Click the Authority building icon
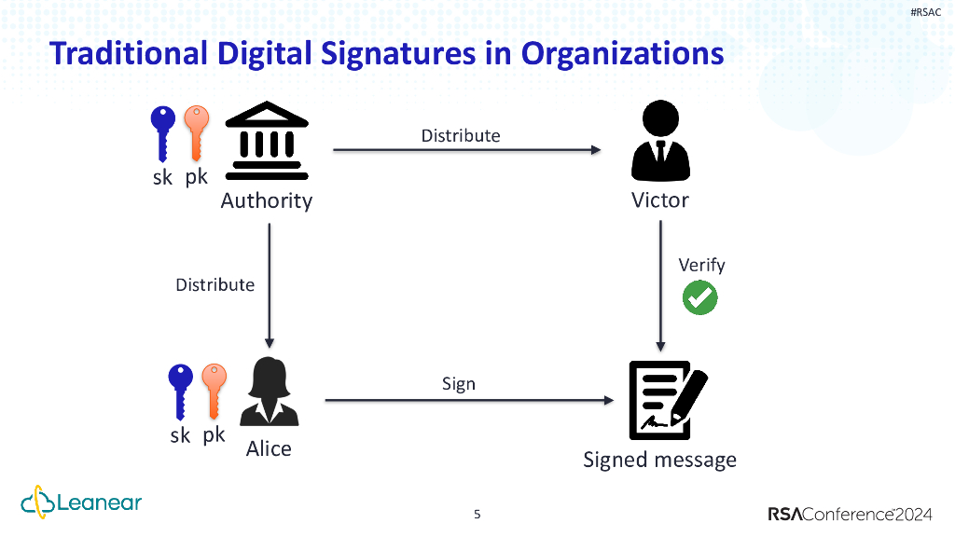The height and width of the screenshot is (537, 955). click(x=268, y=142)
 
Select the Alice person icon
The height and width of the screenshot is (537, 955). click(x=269, y=393)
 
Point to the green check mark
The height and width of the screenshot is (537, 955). click(x=699, y=297)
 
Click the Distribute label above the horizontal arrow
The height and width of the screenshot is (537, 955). click(x=461, y=135)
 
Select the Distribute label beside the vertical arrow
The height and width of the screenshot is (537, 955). click(x=215, y=284)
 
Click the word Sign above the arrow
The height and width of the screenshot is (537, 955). click(x=459, y=383)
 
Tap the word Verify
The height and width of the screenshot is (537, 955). click(x=701, y=265)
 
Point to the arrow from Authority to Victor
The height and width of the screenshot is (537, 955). click(x=466, y=149)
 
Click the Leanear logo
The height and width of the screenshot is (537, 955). click(x=82, y=503)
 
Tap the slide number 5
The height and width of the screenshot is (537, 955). click(x=477, y=515)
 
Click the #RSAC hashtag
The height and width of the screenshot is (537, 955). click(x=925, y=10)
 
